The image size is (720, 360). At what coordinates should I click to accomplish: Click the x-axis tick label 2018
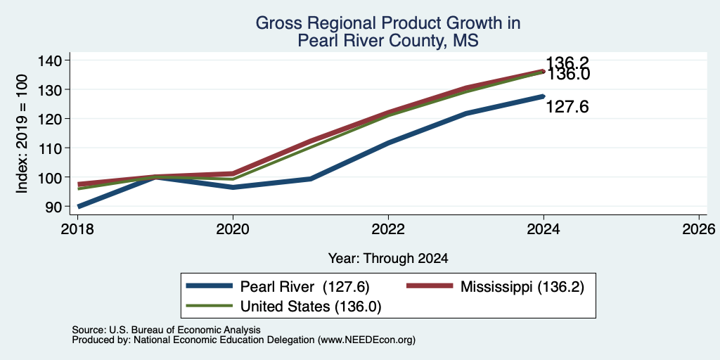tap(77, 229)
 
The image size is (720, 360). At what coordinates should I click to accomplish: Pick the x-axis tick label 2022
tap(388, 229)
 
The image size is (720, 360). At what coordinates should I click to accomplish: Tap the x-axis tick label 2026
tap(700, 229)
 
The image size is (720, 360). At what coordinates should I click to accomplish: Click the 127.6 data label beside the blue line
tap(567, 107)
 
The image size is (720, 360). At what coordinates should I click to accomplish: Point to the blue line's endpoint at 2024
tap(544, 96)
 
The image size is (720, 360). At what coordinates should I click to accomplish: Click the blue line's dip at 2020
tap(233, 187)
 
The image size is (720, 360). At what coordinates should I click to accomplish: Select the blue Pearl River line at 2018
tap(79, 207)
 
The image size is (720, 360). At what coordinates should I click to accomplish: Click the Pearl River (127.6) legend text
tap(305, 287)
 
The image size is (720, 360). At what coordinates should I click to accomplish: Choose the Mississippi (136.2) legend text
tap(522, 287)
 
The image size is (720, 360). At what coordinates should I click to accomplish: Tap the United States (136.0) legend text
tap(311, 307)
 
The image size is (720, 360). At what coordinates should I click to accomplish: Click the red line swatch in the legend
tap(430, 286)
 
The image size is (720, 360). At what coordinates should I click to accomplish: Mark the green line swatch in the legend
tap(209, 306)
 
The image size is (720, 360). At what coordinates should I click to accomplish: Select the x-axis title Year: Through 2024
tap(388, 259)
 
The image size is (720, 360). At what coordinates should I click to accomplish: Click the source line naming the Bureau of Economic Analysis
tap(166, 330)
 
